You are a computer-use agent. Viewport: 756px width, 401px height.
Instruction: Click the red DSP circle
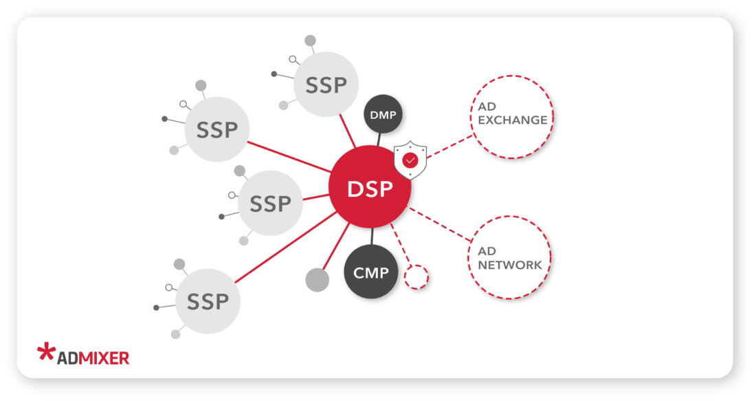click(370, 188)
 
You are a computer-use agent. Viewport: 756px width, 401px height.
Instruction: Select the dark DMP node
click(382, 114)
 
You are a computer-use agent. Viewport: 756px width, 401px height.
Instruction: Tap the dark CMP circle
click(371, 272)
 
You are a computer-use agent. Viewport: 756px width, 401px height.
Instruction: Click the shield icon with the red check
click(410, 160)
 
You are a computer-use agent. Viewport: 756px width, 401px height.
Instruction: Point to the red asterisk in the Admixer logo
click(46, 351)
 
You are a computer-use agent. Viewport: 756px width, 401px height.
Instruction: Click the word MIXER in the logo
click(104, 358)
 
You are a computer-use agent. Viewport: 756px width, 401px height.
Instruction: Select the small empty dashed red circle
click(416, 277)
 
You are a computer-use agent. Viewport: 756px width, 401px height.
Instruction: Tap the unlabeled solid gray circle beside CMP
click(317, 279)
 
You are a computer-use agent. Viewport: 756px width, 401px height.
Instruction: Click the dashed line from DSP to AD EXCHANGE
click(450, 146)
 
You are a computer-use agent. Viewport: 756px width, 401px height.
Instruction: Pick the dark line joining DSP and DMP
click(379, 140)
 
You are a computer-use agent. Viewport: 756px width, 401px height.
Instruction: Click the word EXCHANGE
click(513, 120)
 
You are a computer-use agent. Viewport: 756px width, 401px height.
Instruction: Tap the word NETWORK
click(510, 265)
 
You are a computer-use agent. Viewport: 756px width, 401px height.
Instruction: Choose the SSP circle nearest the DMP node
click(325, 85)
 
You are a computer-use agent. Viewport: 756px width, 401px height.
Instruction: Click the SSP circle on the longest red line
click(208, 301)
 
